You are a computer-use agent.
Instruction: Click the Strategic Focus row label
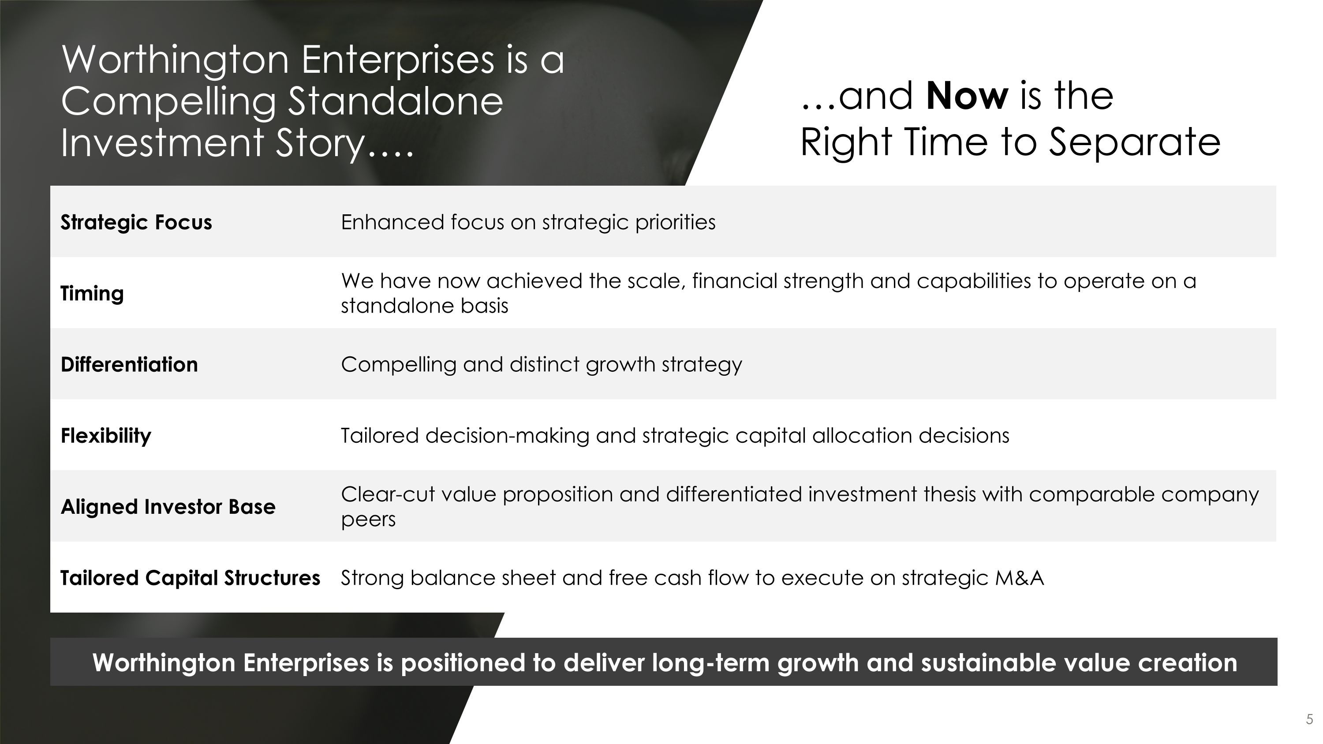[136, 222]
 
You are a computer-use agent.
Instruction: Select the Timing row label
[93, 294]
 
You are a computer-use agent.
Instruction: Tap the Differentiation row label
[129, 365]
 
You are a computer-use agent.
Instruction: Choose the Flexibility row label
[106, 436]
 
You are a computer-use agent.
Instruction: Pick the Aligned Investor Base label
[168, 507]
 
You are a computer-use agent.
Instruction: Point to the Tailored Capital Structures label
[190, 578]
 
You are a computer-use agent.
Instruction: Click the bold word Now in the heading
[967, 96]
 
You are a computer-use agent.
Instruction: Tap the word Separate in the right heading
[1134, 142]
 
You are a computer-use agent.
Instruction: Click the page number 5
[1309, 719]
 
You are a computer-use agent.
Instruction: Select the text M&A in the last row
[1019, 578]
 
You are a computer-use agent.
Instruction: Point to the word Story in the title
[319, 143]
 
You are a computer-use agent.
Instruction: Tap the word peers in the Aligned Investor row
[368, 520]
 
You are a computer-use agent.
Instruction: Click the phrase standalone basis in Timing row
[424, 306]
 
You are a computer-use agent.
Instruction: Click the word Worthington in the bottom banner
[164, 662]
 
